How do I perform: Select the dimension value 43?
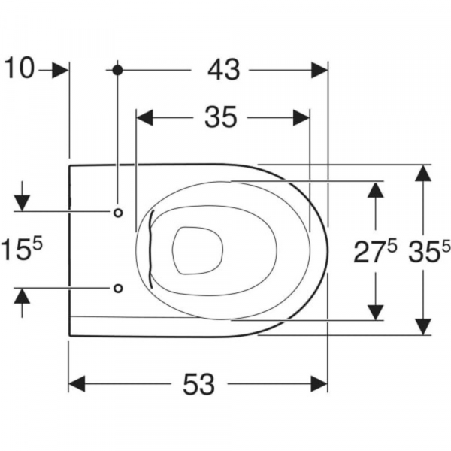pyautogui.click(x=223, y=70)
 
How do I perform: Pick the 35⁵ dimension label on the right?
pyautogui.click(x=428, y=252)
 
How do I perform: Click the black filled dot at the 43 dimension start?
pyautogui.click(x=117, y=70)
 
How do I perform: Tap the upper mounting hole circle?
pyautogui.click(x=118, y=213)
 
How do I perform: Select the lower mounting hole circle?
pyautogui.click(x=118, y=288)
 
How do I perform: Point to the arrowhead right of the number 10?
pyautogui.click(x=60, y=70)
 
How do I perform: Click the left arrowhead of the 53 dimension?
pyautogui.click(x=78, y=385)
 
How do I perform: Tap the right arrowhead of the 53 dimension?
pyautogui.click(x=319, y=385)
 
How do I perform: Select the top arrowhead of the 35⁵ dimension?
pyautogui.click(x=423, y=173)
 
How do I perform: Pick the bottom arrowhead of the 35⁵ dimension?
pyautogui.click(x=423, y=325)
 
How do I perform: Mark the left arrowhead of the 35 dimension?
pyautogui.click(x=144, y=117)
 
